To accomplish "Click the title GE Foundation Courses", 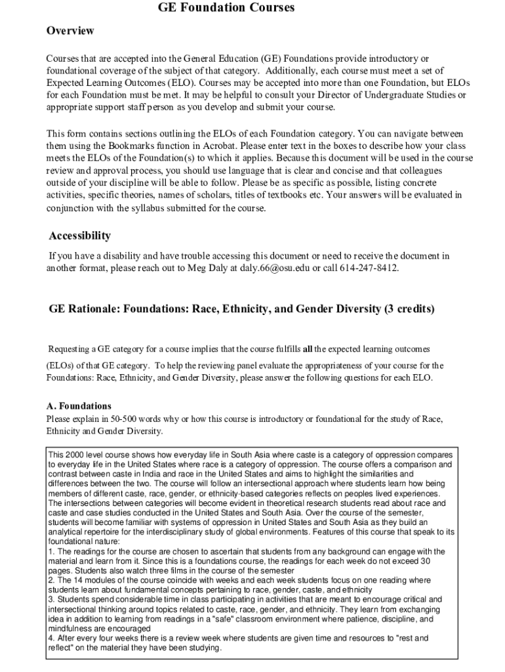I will pos(226,8).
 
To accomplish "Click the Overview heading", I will pos(70,31).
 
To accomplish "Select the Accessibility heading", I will pos(80,236).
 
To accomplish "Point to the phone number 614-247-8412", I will pos(369,268).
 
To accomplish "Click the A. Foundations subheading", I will pos(79,406).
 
